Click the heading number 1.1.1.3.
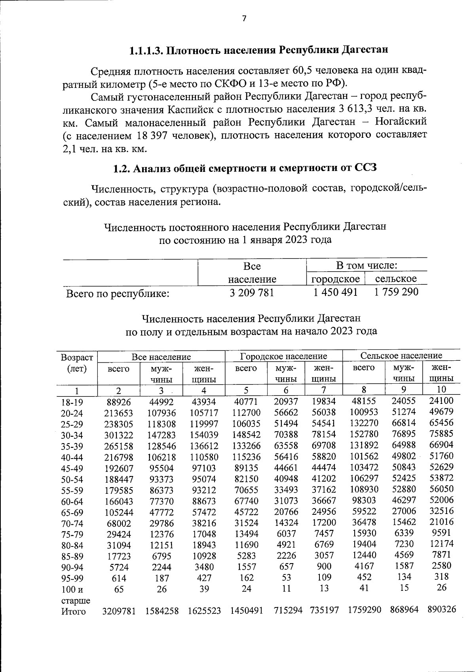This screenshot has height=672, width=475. [147, 51]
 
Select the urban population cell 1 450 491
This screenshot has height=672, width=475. [335, 292]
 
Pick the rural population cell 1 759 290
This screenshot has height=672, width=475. [396, 292]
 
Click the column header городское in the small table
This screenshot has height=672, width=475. [336, 279]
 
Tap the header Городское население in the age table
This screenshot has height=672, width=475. [283, 356]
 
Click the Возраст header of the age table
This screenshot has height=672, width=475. [77, 358]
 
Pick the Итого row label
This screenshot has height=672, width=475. [74, 612]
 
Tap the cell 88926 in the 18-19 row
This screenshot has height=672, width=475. [118, 403]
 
